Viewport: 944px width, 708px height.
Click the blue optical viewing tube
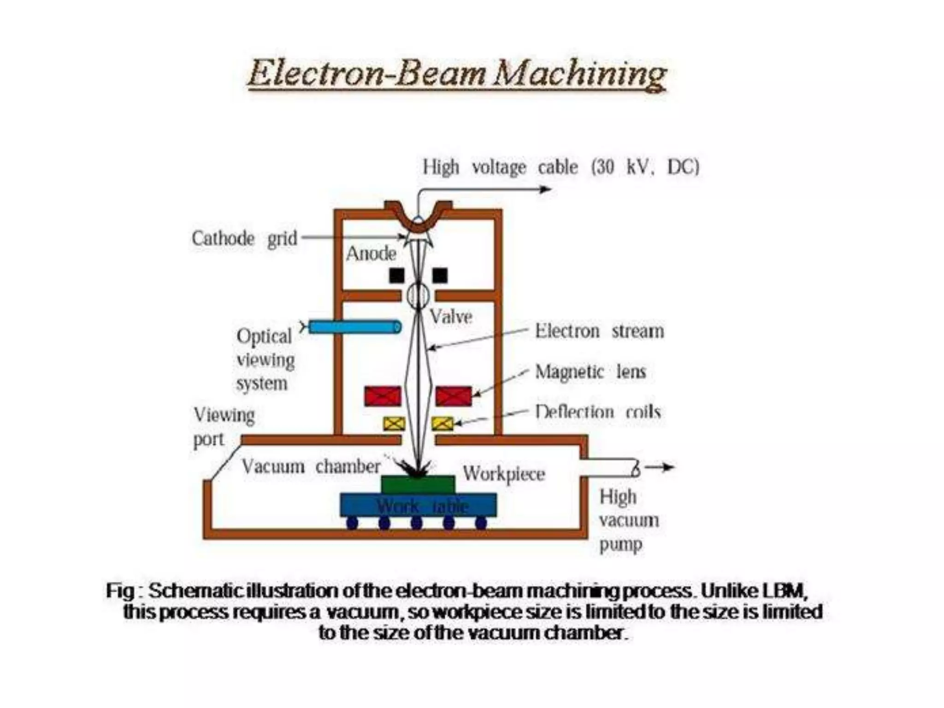tap(354, 327)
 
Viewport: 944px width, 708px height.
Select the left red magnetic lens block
tap(383, 396)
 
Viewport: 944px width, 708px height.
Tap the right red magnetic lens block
tap(454, 396)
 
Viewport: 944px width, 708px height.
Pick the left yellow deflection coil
tap(394, 423)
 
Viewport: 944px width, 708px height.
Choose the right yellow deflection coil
tap(442, 423)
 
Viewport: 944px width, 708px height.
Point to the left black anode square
tap(396, 276)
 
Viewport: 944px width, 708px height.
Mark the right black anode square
tap(440, 276)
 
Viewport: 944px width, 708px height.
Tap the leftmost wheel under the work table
tap(352, 523)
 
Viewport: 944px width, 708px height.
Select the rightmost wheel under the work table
tap(481, 523)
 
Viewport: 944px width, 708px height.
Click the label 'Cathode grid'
tap(244, 239)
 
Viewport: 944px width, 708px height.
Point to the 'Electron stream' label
tap(599, 331)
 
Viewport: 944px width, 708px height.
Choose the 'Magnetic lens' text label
tap(590, 372)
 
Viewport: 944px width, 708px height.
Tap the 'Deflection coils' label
tap(598, 411)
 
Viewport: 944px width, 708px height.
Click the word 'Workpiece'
tap(504, 474)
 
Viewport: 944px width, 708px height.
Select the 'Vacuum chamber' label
tap(311, 466)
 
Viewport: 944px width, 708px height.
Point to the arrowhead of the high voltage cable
tap(546, 189)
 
